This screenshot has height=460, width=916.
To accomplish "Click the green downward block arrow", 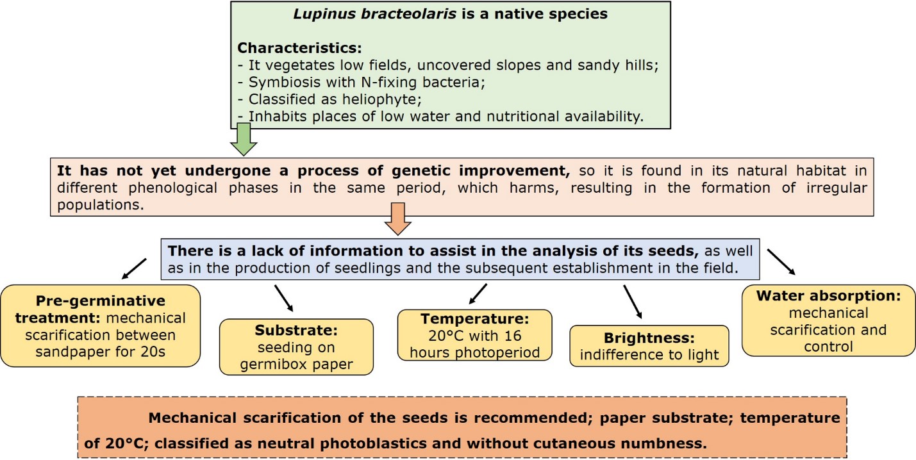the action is [x=244, y=139].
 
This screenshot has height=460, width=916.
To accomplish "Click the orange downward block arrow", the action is [x=398, y=218].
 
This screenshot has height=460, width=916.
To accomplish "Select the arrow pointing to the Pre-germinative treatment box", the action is [x=134, y=268].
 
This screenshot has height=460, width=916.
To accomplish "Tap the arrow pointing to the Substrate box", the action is [x=284, y=298].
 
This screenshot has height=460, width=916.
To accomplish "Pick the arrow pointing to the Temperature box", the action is [x=478, y=294].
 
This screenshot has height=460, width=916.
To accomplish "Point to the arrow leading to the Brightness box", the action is [x=633, y=302].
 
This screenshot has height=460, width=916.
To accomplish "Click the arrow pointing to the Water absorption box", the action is [x=781, y=261].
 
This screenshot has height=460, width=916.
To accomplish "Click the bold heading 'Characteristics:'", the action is [x=299, y=48].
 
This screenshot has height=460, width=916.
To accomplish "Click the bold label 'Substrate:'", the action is [x=296, y=330].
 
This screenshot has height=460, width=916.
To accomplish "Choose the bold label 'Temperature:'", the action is [x=475, y=318].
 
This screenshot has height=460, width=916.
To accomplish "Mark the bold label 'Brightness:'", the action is [x=649, y=338].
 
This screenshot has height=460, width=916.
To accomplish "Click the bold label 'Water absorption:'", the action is [x=828, y=295].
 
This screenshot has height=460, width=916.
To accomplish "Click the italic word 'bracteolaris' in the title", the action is [x=408, y=14].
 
